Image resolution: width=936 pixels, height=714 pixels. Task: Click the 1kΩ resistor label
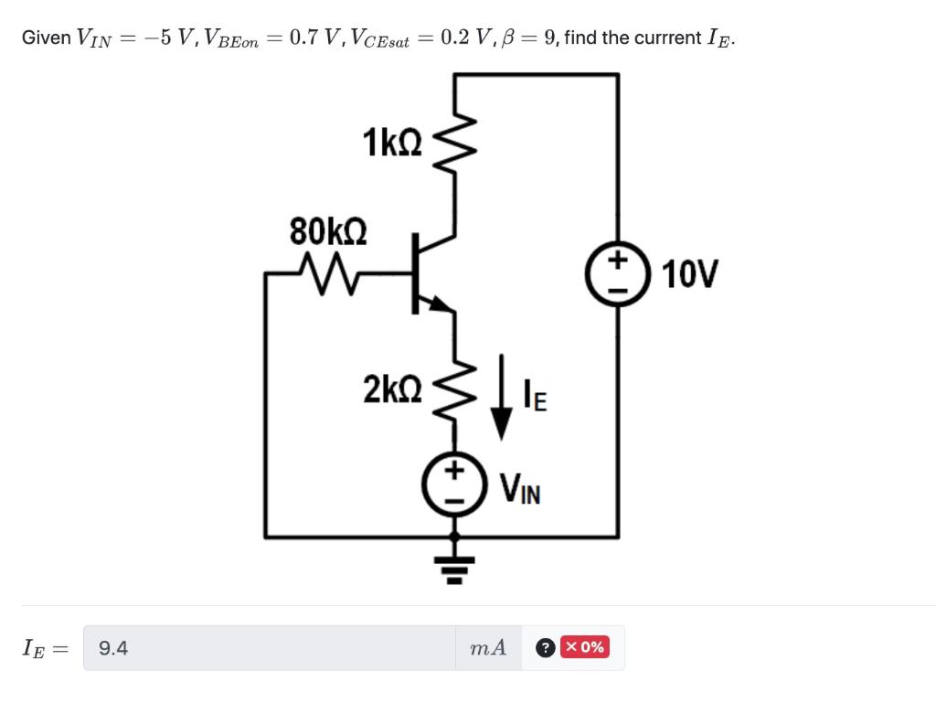click(x=392, y=144)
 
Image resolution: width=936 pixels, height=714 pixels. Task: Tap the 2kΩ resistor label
click(x=392, y=389)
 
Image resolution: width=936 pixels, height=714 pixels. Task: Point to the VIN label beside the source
click(x=519, y=490)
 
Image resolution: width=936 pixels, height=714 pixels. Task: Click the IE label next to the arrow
click(x=535, y=398)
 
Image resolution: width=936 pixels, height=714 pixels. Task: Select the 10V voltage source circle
click(x=617, y=273)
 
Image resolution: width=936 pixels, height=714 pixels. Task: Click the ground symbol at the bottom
click(x=455, y=566)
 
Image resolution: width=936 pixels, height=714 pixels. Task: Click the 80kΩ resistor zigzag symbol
click(x=324, y=272)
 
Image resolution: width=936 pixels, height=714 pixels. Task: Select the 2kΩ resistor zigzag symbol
click(x=454, y=390)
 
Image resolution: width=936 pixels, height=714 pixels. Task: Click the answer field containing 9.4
click(x=270, y=648)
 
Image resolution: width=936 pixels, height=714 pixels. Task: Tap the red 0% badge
click(x=584, y=647)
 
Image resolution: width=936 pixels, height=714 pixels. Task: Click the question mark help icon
click(x=544, y=648)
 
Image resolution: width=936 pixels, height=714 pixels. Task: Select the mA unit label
click(x=487, y=648)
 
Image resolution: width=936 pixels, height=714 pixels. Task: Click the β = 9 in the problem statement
click(x=532, y=37)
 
